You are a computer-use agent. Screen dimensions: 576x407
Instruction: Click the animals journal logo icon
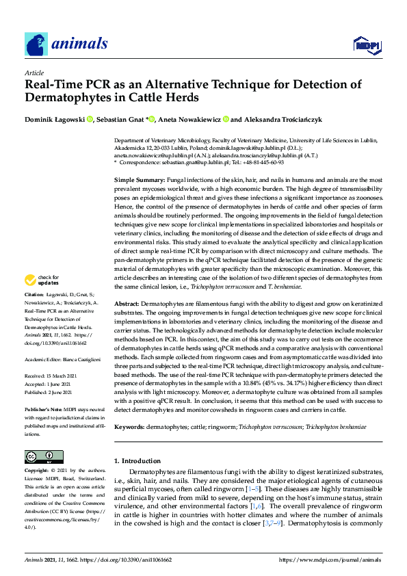coord(36,44)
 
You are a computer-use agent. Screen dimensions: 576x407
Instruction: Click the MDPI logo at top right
coord(366,46)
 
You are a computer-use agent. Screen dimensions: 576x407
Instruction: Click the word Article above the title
coord(34,73)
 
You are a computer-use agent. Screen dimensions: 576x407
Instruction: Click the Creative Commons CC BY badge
coord(40,456)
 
